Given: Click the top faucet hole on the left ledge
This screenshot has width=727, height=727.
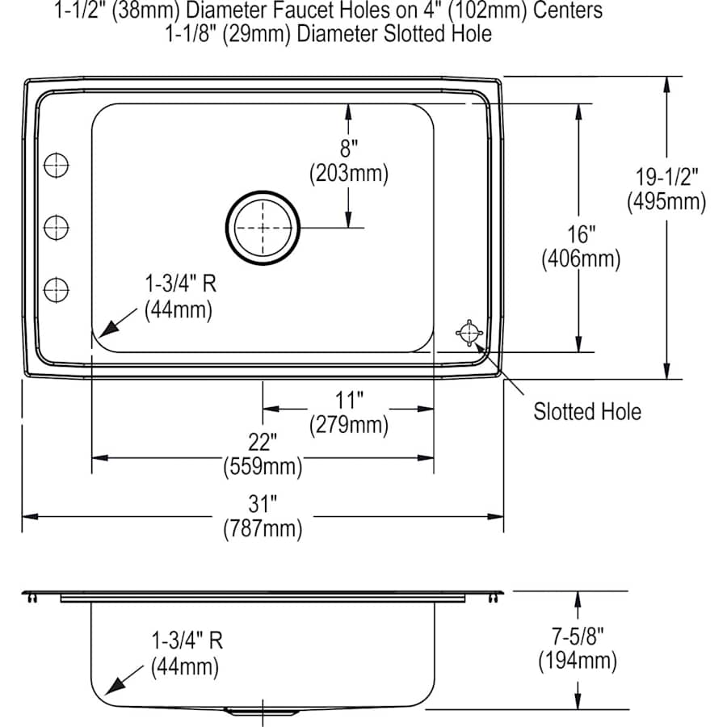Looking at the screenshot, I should click(x=56, y=165).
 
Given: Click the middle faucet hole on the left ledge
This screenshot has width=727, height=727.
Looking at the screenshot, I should click(x=56, y=226).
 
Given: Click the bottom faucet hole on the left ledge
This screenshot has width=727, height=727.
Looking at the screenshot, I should click(x=56, y=288).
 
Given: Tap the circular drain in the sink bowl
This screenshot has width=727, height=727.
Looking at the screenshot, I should click(x=262, y=229).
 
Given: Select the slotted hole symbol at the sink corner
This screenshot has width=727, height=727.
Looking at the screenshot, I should click(x=469, y=331).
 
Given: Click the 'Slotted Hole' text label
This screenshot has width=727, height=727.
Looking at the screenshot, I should click(x=586, y=412).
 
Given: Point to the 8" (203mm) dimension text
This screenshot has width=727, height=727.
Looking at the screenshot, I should click(x=348, y=161).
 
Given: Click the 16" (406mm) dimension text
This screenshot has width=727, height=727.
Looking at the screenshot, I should click(x=579, y=247).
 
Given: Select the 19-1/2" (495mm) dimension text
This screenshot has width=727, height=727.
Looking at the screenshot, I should click(x=666, y=189).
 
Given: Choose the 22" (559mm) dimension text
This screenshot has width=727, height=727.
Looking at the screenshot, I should click(x=263, y=454).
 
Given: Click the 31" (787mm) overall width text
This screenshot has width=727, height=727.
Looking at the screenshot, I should click(x=263, y=517).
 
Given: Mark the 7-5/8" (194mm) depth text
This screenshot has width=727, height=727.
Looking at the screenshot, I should click(x=578, y=650).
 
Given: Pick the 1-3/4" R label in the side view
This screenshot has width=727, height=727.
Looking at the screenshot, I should click(x=186, y=653).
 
